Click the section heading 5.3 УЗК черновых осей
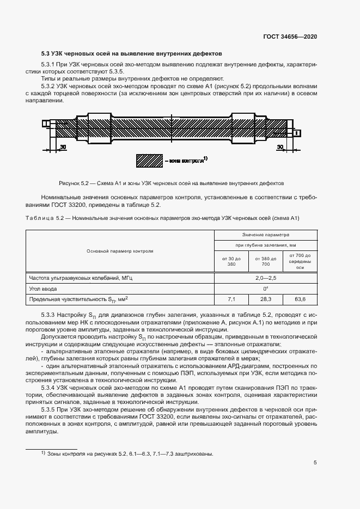131,54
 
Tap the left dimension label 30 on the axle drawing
63,147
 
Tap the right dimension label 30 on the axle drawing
280,147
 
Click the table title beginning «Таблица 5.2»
162,218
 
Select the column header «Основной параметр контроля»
120,251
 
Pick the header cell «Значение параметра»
266,235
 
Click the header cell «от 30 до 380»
231,261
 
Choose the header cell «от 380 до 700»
266,261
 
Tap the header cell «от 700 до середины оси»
300,261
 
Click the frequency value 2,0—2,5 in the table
266,278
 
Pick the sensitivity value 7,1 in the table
231,299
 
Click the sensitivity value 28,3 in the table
266,299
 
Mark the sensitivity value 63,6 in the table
300,299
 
